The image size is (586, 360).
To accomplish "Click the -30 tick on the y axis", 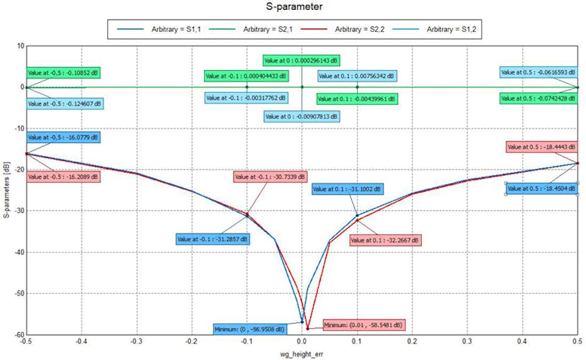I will [x=18, y=211].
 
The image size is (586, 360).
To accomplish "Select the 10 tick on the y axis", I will [x=20, y=46].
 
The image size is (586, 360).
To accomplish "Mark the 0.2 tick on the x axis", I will [x=412, y=342].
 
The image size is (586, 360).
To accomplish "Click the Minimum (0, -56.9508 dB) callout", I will [x=249, y=329].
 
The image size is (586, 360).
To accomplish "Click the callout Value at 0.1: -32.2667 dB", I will [x=385, y=240].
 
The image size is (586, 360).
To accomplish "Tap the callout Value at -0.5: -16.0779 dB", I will [x=63, y=138].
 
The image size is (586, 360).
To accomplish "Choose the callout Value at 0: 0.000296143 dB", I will [x=302, y=60].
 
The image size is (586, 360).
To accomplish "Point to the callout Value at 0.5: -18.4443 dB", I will [x=541, y=146].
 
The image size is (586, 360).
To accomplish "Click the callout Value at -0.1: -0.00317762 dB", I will [x=246, y=98].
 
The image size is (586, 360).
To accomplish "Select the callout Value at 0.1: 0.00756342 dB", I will [x=357, y=76].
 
